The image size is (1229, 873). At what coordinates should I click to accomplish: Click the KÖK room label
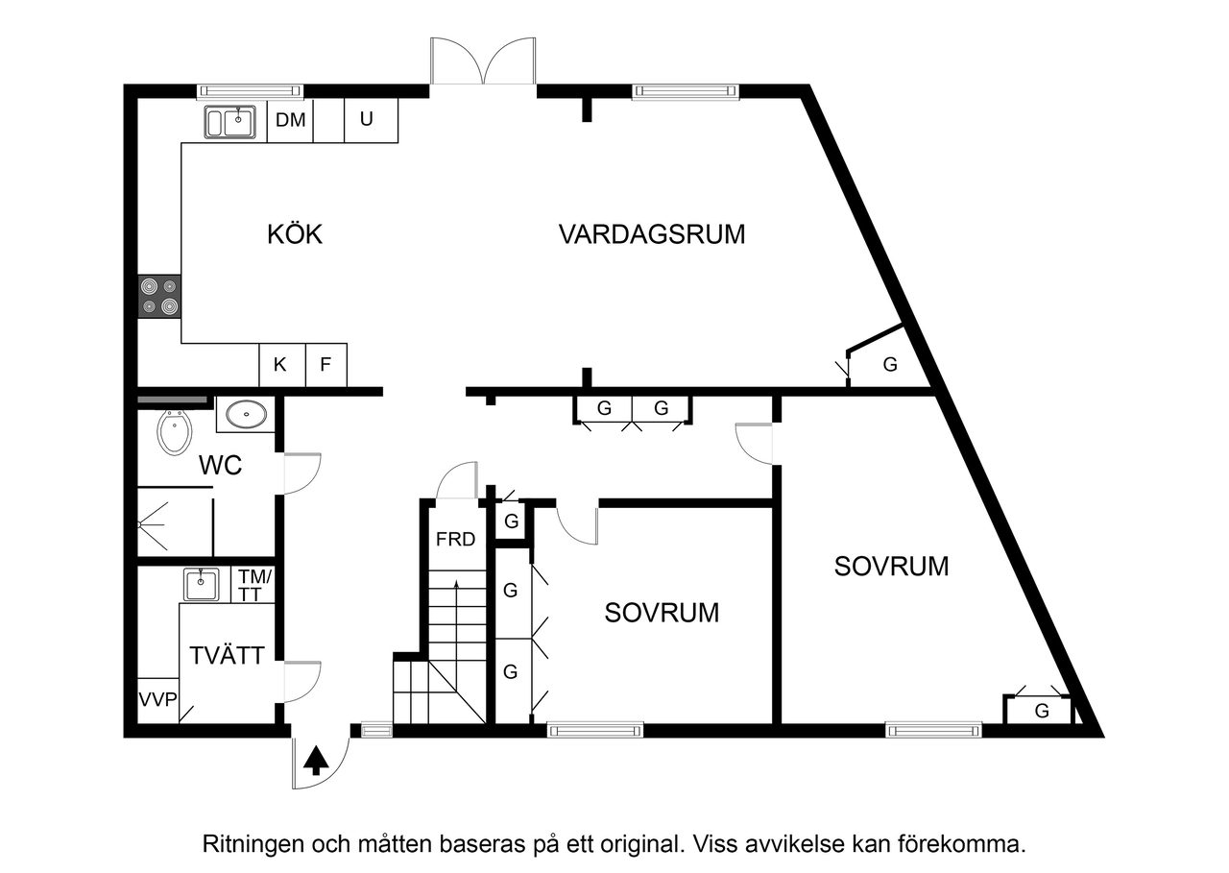(295, 234)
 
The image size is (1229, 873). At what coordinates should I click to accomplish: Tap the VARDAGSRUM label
(652, 234)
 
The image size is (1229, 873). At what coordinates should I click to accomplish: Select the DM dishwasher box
(290, 121)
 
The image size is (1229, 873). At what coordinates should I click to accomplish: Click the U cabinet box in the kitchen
(366, 121)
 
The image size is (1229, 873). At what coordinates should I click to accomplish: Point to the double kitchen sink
(230, 123)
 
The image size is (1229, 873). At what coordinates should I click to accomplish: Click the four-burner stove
(159, 296)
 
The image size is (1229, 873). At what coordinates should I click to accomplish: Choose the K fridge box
(280, 365)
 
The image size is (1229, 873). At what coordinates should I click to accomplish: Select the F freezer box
(325, 365)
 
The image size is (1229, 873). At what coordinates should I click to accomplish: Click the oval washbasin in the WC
(247, 415)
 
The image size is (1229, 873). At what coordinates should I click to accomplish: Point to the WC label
(220, 467)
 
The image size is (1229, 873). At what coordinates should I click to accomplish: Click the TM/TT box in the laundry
(255, 585)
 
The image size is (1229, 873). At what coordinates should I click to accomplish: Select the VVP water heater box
(157, 699)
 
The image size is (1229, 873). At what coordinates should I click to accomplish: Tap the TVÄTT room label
(227, 658)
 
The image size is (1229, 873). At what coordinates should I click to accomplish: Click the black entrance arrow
(316, 761)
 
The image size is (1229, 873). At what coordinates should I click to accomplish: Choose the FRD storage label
(455, 540)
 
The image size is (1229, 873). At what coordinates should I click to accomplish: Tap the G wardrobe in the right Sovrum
(1041, 712)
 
